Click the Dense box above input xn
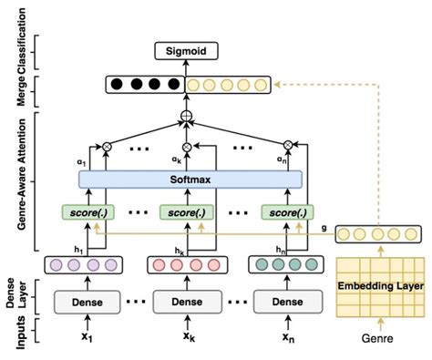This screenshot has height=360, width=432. [287, 301]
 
